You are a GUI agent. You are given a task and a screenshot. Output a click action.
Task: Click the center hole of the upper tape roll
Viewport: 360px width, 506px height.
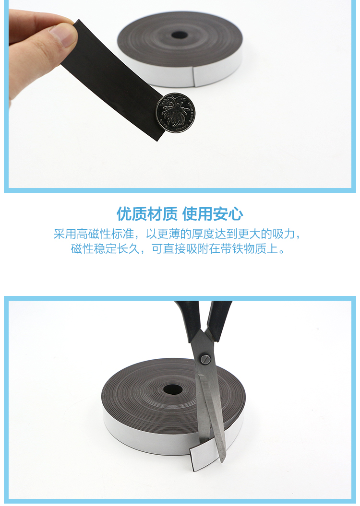179,35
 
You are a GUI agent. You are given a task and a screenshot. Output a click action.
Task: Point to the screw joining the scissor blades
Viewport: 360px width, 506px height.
205,359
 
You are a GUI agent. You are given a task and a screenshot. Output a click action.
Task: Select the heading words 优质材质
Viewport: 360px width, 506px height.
147,214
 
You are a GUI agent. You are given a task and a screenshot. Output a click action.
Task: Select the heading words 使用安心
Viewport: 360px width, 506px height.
213,214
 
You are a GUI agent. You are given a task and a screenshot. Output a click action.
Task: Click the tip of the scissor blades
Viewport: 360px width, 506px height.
222,461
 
